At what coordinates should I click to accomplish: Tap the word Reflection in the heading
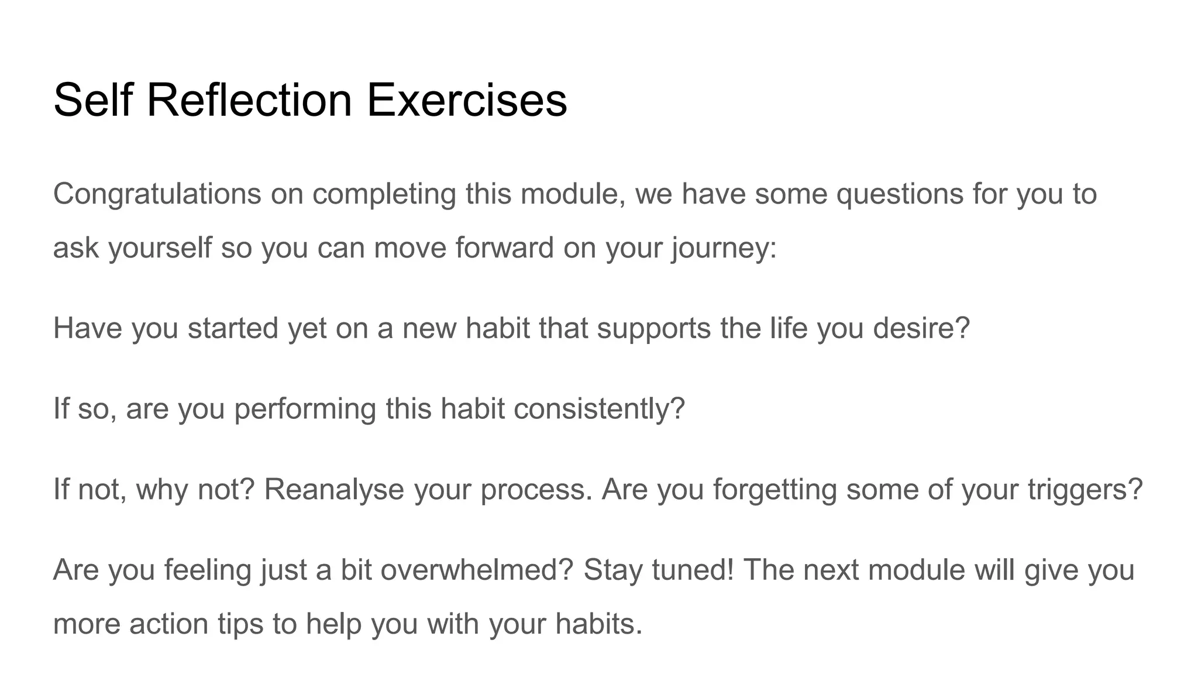tap(249, 100)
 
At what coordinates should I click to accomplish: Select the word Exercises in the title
tap(466, 100)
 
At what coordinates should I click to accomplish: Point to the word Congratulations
tap(157, 194)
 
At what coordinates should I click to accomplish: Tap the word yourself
tap(160, 248)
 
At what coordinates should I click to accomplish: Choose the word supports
tap(653, 329)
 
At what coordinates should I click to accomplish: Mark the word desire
tap(917, 328)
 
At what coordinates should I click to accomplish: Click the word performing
tap(305, 409)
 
